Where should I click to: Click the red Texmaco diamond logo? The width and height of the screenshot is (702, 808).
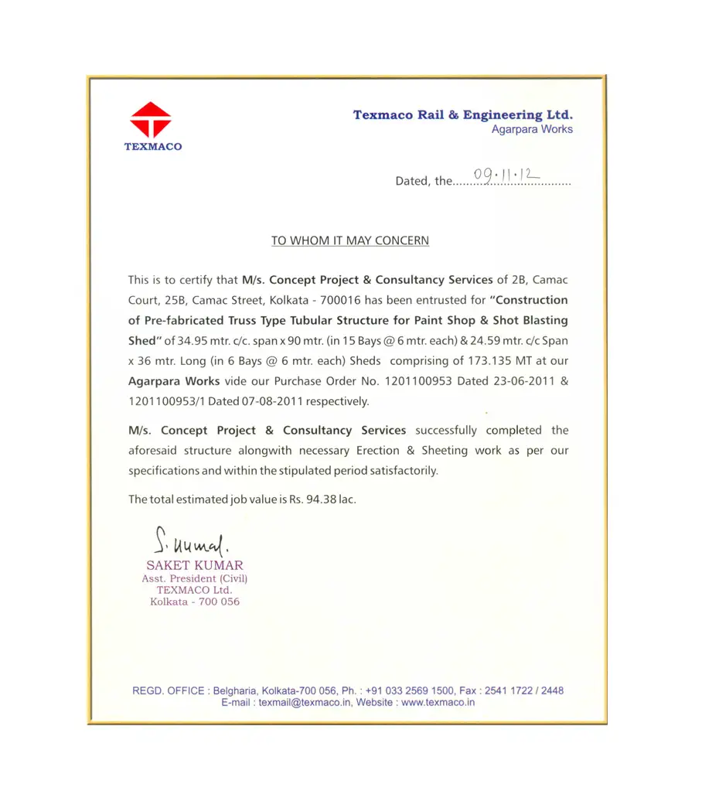click(151, 120)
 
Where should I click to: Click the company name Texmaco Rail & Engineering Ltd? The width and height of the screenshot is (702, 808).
click(462, 115)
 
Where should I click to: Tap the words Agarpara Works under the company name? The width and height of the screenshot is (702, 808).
click(532, 130)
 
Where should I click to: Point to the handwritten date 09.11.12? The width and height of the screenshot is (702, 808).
click(507, 176)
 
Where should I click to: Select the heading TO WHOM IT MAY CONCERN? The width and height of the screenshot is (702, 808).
click(349, 240)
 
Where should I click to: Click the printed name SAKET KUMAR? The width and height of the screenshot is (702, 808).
click(194, 565)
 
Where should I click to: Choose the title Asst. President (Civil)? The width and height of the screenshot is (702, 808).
click(195, 578)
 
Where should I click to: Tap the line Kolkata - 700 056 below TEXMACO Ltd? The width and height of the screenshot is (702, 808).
click(195, 602)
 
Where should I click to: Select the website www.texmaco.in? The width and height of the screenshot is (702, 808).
click(438, 703)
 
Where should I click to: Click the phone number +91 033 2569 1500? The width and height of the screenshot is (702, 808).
click(410, 690)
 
